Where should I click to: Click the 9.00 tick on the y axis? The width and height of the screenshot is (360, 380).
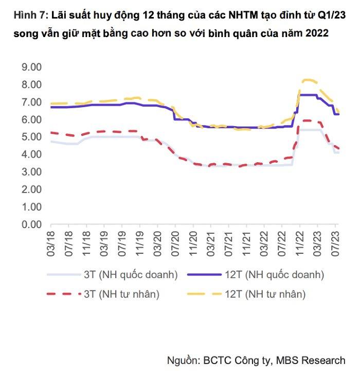click(31, 67)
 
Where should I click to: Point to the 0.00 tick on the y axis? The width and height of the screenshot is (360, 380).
click(31, 224)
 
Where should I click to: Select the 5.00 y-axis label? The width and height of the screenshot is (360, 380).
click(31, 137)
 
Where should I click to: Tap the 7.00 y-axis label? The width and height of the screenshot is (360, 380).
click(31, 102)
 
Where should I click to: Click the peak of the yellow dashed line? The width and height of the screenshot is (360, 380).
click(308, 80)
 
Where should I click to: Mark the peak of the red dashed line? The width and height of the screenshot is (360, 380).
click(308, 120)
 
